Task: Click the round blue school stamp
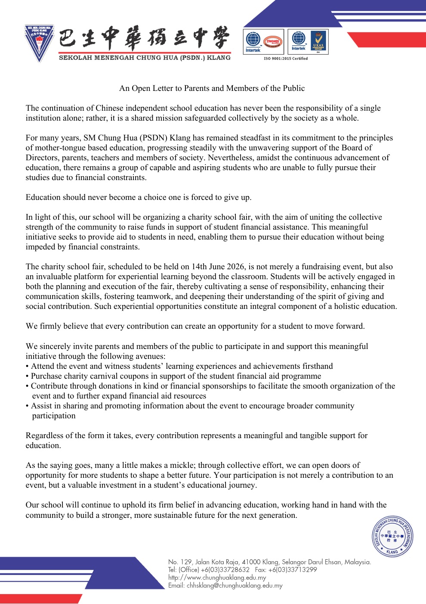click(392, 536)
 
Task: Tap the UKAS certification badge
click(318, 41)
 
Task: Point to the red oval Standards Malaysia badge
click(273, 42)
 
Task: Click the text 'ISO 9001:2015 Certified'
click(286, 59)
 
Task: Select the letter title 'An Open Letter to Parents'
click(212, 88)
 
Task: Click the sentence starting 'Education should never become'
click(139, 197)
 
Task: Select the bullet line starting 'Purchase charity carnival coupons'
click(176, 376)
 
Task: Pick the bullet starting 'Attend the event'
click(182, 366)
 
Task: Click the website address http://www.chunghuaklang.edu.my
click(217, 577)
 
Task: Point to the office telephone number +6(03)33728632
click(225, 570)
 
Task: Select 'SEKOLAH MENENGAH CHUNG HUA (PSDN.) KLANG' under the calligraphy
click(145, 58)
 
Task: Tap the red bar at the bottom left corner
click(41, 598)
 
